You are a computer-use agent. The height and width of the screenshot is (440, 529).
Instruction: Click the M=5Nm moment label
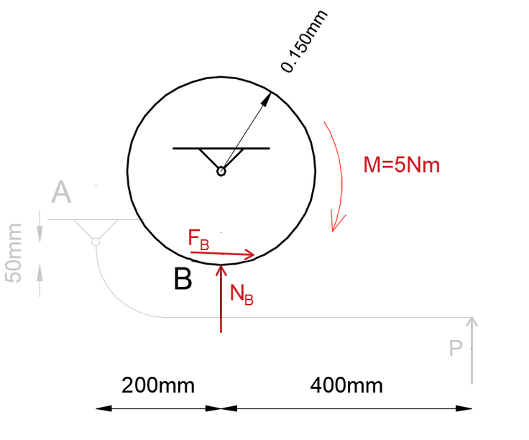[401, 165]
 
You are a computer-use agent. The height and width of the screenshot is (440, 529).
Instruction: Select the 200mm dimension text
[158, 385]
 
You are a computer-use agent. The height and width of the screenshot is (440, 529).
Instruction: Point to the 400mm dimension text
[346, 385]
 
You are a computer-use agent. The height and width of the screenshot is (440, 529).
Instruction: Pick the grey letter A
[63, 193]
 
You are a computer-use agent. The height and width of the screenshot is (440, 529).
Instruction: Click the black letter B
[183, 279]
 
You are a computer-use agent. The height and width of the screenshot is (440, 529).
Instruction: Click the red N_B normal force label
[241, 293]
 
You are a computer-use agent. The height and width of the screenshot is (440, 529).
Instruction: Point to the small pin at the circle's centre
[221, 171]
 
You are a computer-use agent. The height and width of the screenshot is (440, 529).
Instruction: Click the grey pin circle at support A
[96, 242]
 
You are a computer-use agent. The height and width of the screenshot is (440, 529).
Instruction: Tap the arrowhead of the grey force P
[472, 321]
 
